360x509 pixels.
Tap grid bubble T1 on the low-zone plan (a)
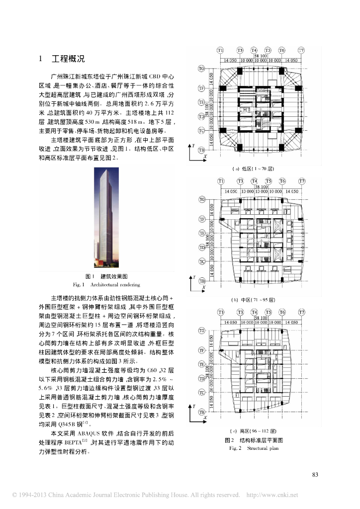220,50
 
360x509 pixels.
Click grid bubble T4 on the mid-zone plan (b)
254,181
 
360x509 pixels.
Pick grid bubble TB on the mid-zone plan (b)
202,281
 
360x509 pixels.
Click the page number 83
314,475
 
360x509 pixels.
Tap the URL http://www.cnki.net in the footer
272,495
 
